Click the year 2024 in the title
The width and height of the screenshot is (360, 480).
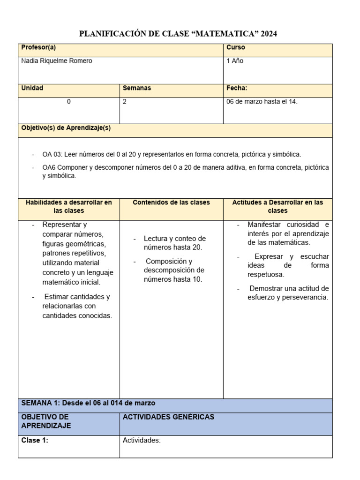click(x=269, y=34)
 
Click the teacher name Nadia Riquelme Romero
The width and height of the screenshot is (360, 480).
click(x=57, y=61)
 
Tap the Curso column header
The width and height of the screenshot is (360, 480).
click(x=236, y=48)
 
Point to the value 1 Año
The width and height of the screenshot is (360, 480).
click(x=235, y=61)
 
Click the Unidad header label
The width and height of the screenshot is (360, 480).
click(x=32, y=88)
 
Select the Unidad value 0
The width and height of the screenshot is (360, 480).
click(x=69, y=102)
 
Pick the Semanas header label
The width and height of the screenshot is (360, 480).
click(x=137, y=88)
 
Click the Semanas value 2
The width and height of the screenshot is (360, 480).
click(x=125, y=102)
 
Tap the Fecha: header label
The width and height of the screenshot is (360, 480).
click(x=237, y=88)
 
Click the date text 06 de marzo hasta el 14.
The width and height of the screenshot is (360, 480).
click(x=262, y=102)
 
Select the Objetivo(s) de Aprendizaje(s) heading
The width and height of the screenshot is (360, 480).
click(x=66, y=128)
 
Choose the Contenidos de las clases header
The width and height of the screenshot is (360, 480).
click(x=171, y=202)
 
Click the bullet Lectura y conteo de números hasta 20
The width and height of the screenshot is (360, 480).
click(x=174, y=243)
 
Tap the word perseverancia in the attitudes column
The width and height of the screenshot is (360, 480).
click(x=305, y=297)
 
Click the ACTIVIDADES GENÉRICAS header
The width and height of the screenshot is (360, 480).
click(x=168, y=417)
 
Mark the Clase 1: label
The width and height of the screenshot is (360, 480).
click(x=35, y=440)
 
